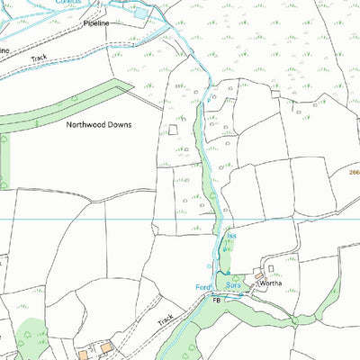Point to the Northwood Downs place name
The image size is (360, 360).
click(x=99, y=125)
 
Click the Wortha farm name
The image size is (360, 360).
click(x=271, y=282)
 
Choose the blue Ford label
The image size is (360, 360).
click(x=202, y=287)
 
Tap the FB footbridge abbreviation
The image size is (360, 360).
click(x=216, y=299)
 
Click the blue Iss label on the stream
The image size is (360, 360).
click(x=230, y=236)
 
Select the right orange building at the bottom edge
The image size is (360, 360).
click(x=107, y=346)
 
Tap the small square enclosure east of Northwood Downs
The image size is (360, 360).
click(x=173, y=130)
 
